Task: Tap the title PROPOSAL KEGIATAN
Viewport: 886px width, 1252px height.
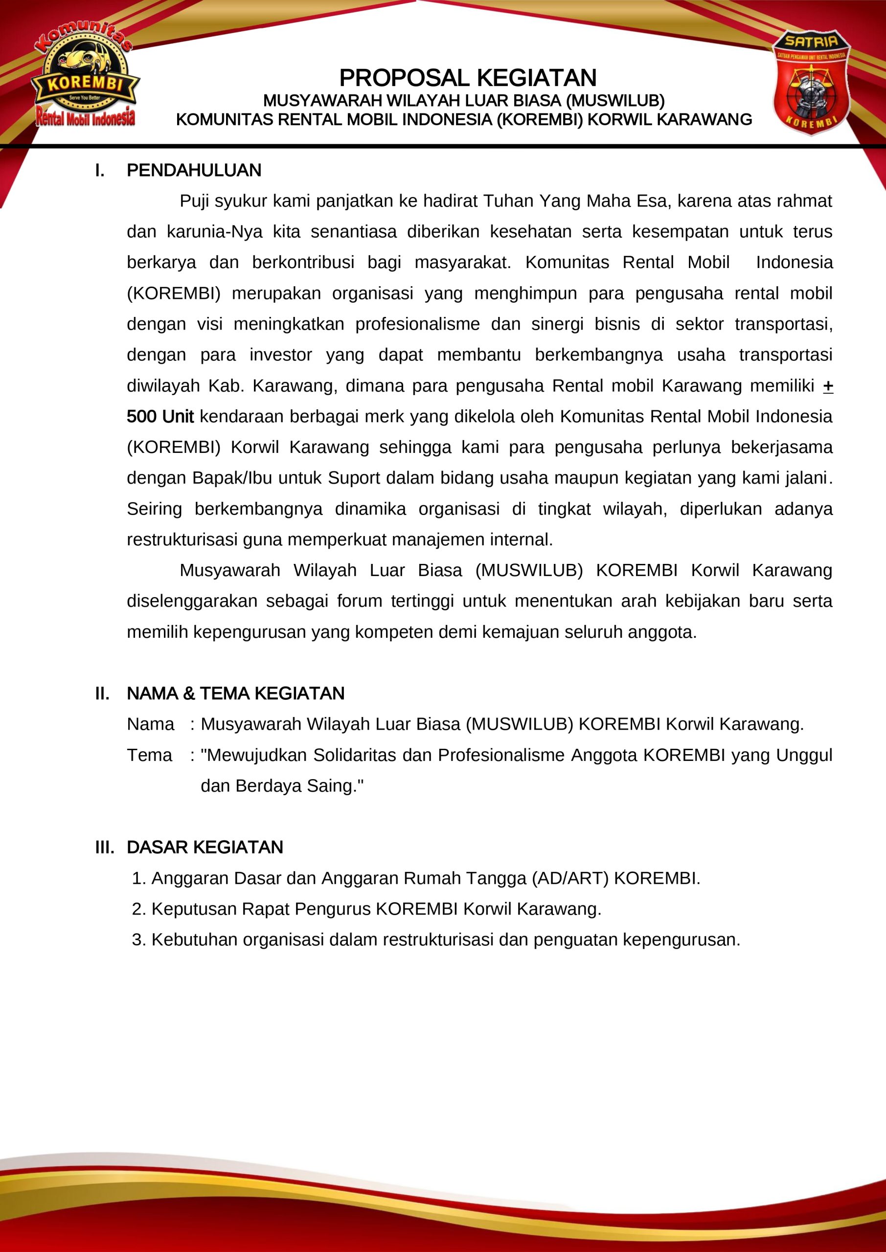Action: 468,78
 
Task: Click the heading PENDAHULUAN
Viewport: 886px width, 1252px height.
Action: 194,171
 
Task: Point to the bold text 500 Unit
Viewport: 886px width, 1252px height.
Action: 160,417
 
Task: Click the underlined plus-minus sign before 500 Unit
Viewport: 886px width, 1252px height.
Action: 828,386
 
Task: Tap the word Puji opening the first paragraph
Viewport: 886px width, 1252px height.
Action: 194,201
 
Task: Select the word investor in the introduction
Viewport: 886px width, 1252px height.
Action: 280,355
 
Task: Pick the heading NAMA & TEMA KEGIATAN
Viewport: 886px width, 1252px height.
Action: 236,693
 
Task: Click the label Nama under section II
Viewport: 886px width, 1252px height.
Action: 151,724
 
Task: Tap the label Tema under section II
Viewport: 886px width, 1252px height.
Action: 150,755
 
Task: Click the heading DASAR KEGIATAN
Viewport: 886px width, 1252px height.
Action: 204,848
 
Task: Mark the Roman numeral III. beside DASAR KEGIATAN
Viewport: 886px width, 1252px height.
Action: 105,848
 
